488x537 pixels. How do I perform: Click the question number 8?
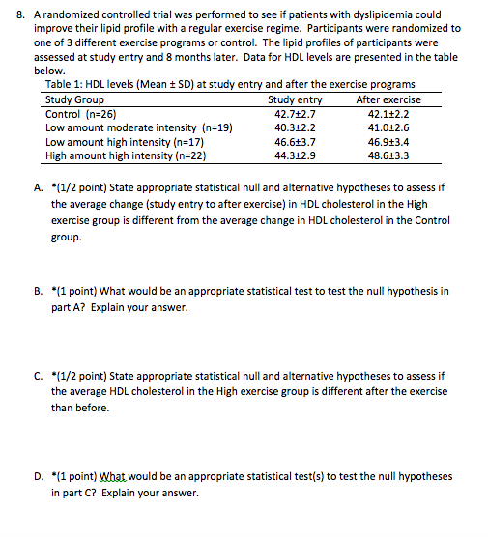[12, 14]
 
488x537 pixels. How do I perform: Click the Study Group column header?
[74, 99]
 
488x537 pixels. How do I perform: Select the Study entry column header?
[295, 99]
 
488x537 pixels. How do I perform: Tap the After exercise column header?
[388, 99]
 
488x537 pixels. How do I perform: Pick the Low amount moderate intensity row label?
[139, 127]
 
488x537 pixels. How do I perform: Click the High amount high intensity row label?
[127, 155]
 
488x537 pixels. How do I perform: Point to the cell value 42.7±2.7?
[296, 113]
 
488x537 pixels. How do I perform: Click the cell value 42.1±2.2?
[389, 113]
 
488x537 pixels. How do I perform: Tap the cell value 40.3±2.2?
[296, 127]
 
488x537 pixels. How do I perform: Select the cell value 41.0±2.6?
[389, 127]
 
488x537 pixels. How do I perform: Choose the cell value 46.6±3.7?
[296, 141]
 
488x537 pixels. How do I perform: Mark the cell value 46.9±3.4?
[389, 141]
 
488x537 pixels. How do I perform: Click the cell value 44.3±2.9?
[296, 155]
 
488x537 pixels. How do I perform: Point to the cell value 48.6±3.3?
[389, 155]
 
